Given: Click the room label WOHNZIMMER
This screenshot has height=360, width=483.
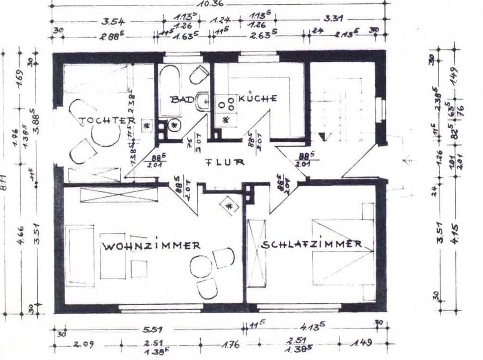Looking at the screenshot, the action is tap(151, 246).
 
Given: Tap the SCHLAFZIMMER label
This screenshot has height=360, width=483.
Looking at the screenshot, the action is tap(311, 244).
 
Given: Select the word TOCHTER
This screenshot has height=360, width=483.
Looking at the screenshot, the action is tap(107, 121).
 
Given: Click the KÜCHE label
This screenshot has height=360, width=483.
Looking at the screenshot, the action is tap(257, 98).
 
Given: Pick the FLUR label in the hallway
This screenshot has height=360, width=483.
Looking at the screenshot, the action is tap(224, 162).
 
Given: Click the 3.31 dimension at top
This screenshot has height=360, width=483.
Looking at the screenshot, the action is tap(333, 20).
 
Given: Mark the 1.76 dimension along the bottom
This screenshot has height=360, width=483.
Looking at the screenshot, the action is tap(229, 345).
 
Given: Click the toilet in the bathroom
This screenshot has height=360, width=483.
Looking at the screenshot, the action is tap(199, 75).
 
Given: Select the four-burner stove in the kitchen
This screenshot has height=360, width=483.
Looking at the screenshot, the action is tap(226, 103).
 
